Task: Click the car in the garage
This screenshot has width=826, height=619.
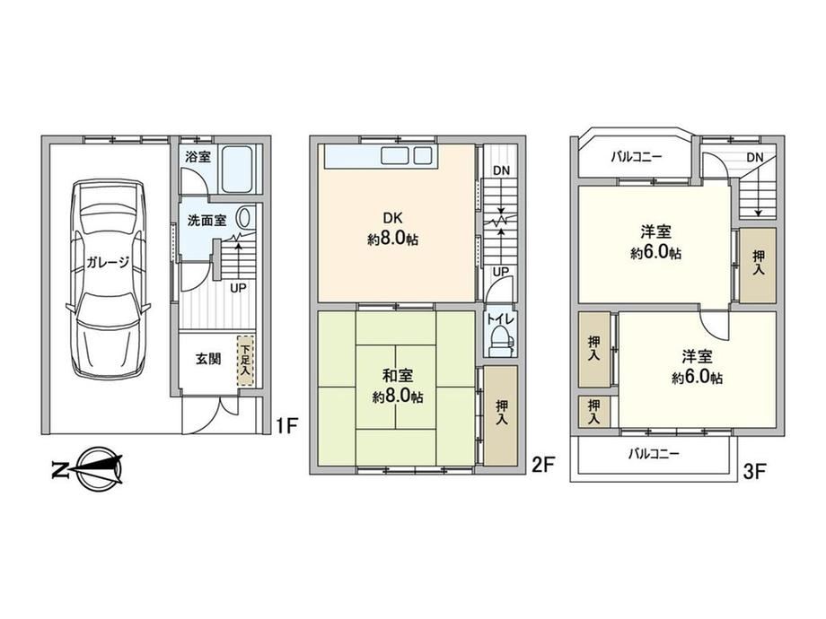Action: (x=108, y=279)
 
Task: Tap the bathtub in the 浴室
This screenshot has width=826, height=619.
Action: (x=236, y=169)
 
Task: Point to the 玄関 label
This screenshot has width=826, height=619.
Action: (x=208, y=360)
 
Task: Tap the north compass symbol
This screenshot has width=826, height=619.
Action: (x=89, y=468)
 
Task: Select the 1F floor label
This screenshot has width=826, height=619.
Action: (x=287, y=425)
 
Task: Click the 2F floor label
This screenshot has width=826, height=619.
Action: (x=543, y=465)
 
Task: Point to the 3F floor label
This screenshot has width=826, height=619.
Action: (x=754, y=471)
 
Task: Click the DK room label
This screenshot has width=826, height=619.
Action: (x=392, y=218)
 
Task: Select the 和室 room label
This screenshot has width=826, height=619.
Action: (x=398, y=375)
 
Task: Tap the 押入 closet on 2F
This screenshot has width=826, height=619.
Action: (x=501, y=416)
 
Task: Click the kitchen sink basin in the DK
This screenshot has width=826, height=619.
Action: (x=395, y=156)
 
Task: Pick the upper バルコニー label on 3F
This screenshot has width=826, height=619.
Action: (x=636, y=156)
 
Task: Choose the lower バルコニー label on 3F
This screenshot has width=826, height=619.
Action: (x=654, y=454)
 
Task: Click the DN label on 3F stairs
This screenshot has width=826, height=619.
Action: (x=754, y=157)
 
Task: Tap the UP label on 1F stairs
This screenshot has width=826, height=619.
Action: (x=238, y=288)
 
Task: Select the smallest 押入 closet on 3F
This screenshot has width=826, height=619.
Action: (x=594, y=412)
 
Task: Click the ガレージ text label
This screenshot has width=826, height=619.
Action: (x=108, y=262)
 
